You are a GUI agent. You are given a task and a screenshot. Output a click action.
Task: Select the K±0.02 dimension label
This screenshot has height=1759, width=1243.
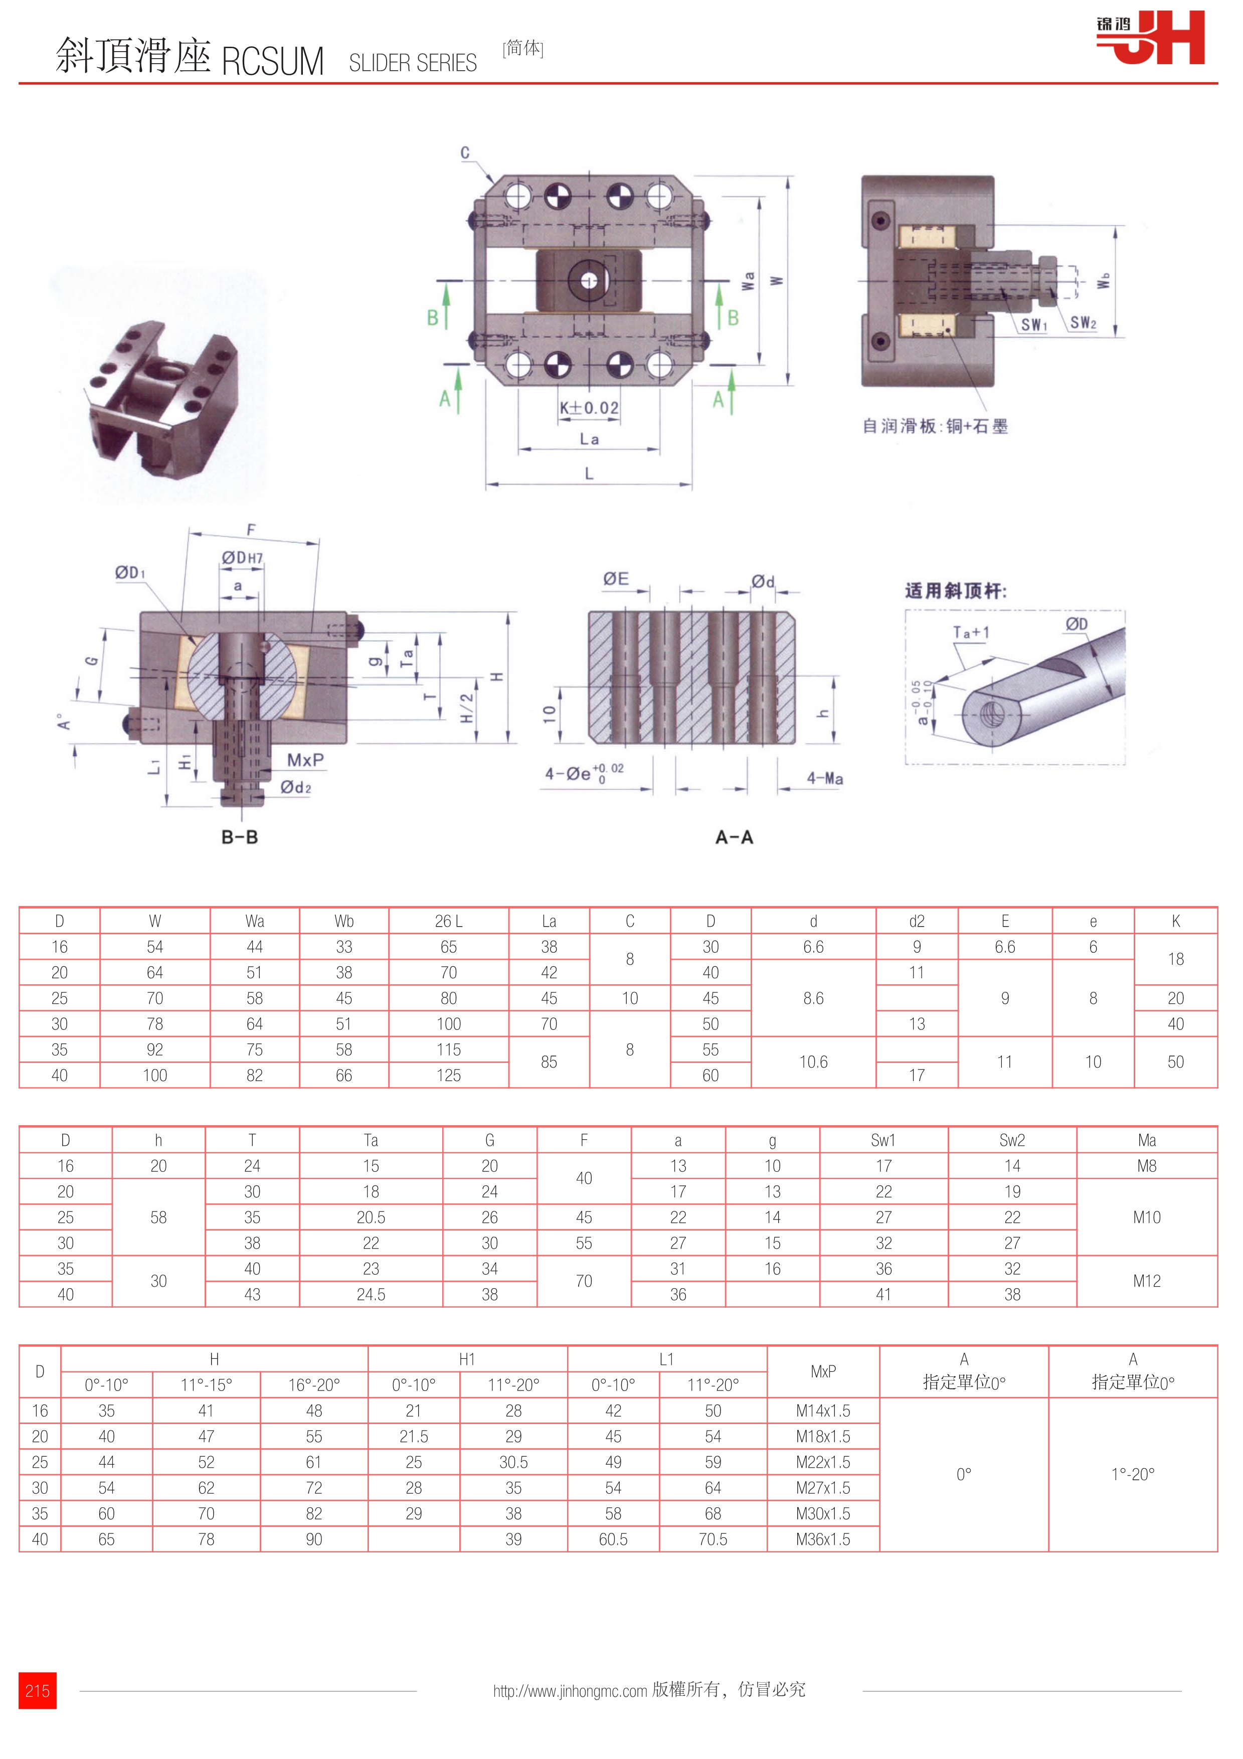click(588, 408)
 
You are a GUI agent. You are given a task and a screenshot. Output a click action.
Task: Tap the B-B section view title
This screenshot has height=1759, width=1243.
click(240, 837)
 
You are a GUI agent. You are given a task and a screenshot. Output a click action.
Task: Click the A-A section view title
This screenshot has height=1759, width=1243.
click(734, 837)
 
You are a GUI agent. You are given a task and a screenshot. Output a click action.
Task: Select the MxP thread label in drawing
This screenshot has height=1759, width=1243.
click(305, 760)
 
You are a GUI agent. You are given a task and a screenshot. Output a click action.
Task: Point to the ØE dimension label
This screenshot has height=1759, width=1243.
click(616, 579)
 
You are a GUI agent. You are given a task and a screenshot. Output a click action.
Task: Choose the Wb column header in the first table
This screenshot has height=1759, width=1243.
click(344, 921)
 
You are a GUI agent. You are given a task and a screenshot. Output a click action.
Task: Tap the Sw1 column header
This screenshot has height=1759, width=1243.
click(883, 1140)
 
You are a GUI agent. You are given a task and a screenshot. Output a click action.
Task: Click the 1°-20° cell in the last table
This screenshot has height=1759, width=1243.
click(1132, 1474)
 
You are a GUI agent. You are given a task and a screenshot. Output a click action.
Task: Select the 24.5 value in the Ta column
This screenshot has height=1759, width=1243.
click(371, 1294)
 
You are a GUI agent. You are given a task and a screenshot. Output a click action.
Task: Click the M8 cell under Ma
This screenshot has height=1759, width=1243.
click(1147, 1166)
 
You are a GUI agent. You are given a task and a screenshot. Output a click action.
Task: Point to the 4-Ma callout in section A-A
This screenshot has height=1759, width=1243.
click(825, 778)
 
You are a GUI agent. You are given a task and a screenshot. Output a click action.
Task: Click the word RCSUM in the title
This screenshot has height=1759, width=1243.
click(273, 61)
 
